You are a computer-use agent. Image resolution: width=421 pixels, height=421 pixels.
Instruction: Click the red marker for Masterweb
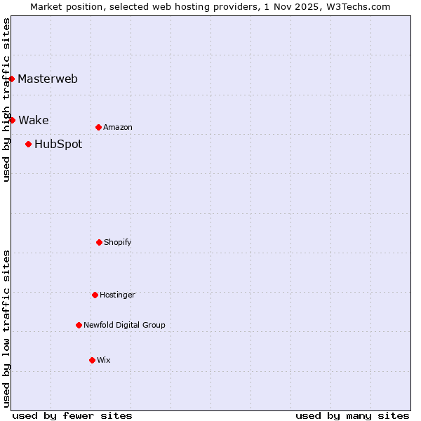[x=12, y=79]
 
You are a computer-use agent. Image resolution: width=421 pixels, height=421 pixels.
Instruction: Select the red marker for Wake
[x=12, y=120]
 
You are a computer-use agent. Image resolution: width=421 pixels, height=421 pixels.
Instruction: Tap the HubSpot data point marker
[x=28, y=144]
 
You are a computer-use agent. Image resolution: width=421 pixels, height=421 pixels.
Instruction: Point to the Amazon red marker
[x=98, y=127]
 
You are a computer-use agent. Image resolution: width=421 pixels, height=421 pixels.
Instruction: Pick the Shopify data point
[x=99, y=242]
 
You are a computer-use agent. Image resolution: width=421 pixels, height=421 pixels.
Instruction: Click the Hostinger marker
[x=95, y=295]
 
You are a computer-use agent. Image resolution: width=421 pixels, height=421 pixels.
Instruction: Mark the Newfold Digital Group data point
[x=79, y=325]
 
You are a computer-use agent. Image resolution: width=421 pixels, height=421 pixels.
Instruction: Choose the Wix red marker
[x=92, y=360]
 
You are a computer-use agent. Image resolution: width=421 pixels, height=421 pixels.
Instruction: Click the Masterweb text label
[x=48, y=79]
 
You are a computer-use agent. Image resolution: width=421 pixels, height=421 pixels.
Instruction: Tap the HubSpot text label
[x=58, y=145]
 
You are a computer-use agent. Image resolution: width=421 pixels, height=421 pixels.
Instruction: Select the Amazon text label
[x=118, y=127]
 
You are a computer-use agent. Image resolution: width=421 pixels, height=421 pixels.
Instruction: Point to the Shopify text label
[x=118, y=242]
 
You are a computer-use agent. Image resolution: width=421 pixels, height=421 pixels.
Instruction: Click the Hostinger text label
[x=117, y=295]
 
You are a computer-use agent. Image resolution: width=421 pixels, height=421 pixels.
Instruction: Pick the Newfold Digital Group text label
[x=124, y=325]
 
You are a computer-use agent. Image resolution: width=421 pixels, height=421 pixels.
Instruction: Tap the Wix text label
[x=104, y=360]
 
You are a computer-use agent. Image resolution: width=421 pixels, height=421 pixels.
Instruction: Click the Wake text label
[x=34, y=120]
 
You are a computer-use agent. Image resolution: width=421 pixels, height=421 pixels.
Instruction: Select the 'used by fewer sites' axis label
[x=72, y=415]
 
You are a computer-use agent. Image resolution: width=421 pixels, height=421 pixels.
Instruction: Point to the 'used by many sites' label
[x=352, y=415]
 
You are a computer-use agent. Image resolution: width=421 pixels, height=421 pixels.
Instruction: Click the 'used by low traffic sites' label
[x=6, y=328]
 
